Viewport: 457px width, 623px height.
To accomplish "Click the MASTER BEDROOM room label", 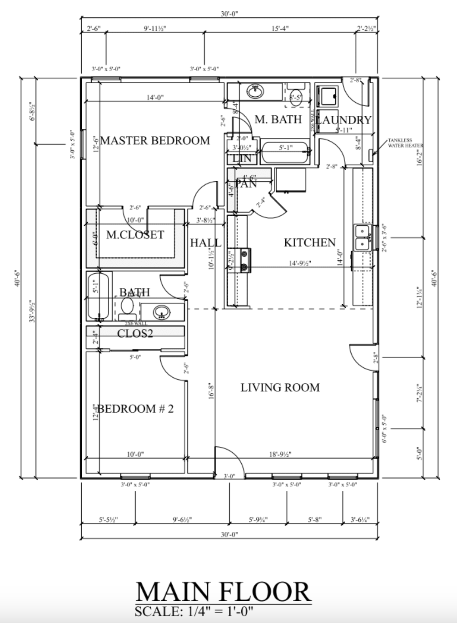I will [x=155, y=141].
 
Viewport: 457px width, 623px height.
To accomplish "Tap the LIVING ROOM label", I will [x=280, y=387].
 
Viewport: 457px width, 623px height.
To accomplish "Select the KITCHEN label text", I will [x=310, y=243].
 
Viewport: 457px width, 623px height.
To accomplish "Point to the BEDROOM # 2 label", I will [x=135, y=409].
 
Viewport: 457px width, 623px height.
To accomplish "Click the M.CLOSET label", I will [x=135, y=235].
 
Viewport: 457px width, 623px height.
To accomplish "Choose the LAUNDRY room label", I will [x=343, y=120].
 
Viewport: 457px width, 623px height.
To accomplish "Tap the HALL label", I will [x=205, y=243].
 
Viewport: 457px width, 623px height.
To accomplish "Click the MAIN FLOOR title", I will [x=224, y=592].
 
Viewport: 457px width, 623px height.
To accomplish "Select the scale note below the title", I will [x=194, y=611].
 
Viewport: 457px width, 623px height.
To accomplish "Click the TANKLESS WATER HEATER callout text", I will [x=405, y=143].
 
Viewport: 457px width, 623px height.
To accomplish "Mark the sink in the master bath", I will [x=256, y=92].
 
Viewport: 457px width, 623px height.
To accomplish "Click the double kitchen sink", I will [x=363, y=237].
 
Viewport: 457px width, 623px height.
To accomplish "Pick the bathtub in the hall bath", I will [x=99, y=296].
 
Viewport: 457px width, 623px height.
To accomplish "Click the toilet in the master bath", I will [x=296, y=96].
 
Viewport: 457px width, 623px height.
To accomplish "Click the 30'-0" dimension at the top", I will [x=229, y=14].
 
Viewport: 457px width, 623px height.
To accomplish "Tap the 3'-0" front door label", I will [x=229, y=476].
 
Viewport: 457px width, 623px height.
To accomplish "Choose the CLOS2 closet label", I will [x=135, y=333].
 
